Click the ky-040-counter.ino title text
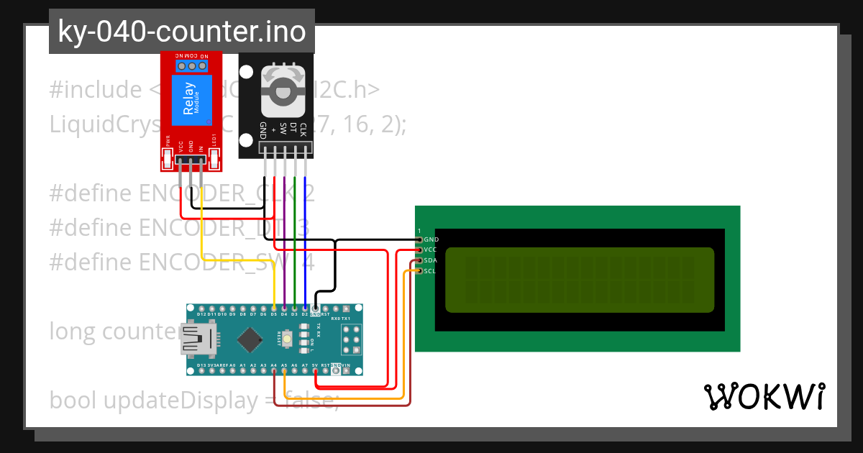[181, 32]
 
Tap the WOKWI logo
[764, 396]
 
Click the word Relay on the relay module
[189, 99]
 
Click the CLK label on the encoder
[303, 130]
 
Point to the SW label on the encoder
[283, 130]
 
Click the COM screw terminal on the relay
[192, 66]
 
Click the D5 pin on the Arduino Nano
[274, 308]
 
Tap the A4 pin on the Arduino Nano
[274, 371]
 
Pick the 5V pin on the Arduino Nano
[315, 371]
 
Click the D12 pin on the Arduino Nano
[201, 308]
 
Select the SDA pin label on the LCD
[430, 260]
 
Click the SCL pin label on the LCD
[430, 271]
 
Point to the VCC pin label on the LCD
[430, 250]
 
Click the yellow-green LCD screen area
[579, 280]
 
